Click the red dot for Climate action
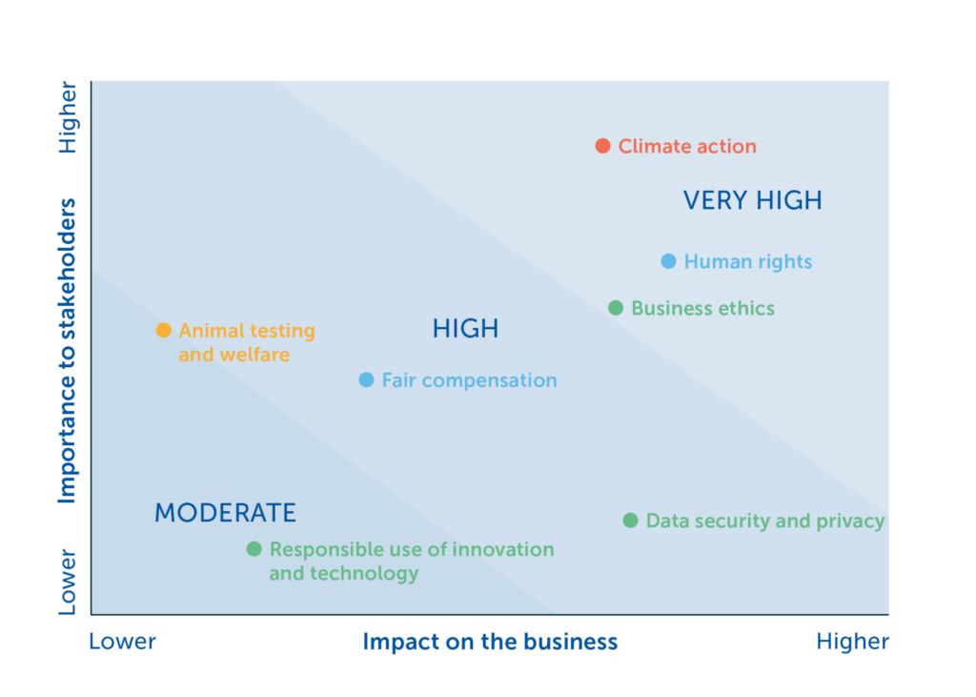click(602, 146)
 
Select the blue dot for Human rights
click(668, 261)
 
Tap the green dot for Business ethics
click(616, 308)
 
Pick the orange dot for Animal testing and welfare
click(163, 331)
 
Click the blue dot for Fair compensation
click(366, 380)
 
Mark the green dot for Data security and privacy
click(630, 521)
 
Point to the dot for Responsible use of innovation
click(254, 549)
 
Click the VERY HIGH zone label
click(752, 200)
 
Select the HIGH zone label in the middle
click(465, 330)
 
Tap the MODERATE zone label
click(225, 513)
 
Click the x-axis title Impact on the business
click(490, 642)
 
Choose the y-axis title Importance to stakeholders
click(67, 351)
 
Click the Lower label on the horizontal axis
click(122, 642)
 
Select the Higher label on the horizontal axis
click(852, 642)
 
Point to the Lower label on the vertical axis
click(67, 581)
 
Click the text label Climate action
click(687, 147)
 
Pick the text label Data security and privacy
click(765, 522)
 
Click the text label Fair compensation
click(469, 380)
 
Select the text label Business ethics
click(702, 309)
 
